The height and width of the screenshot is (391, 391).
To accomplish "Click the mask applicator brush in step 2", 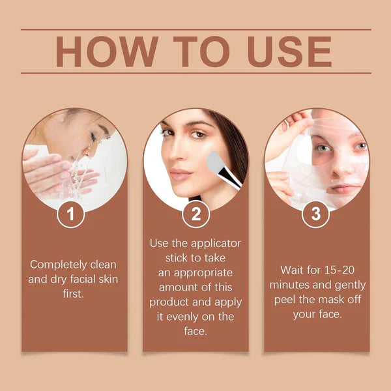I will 222,167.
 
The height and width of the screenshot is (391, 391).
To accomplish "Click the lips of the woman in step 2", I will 182,175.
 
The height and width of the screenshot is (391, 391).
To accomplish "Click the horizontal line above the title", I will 195,29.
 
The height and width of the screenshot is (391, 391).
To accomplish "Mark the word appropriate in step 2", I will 195,272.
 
